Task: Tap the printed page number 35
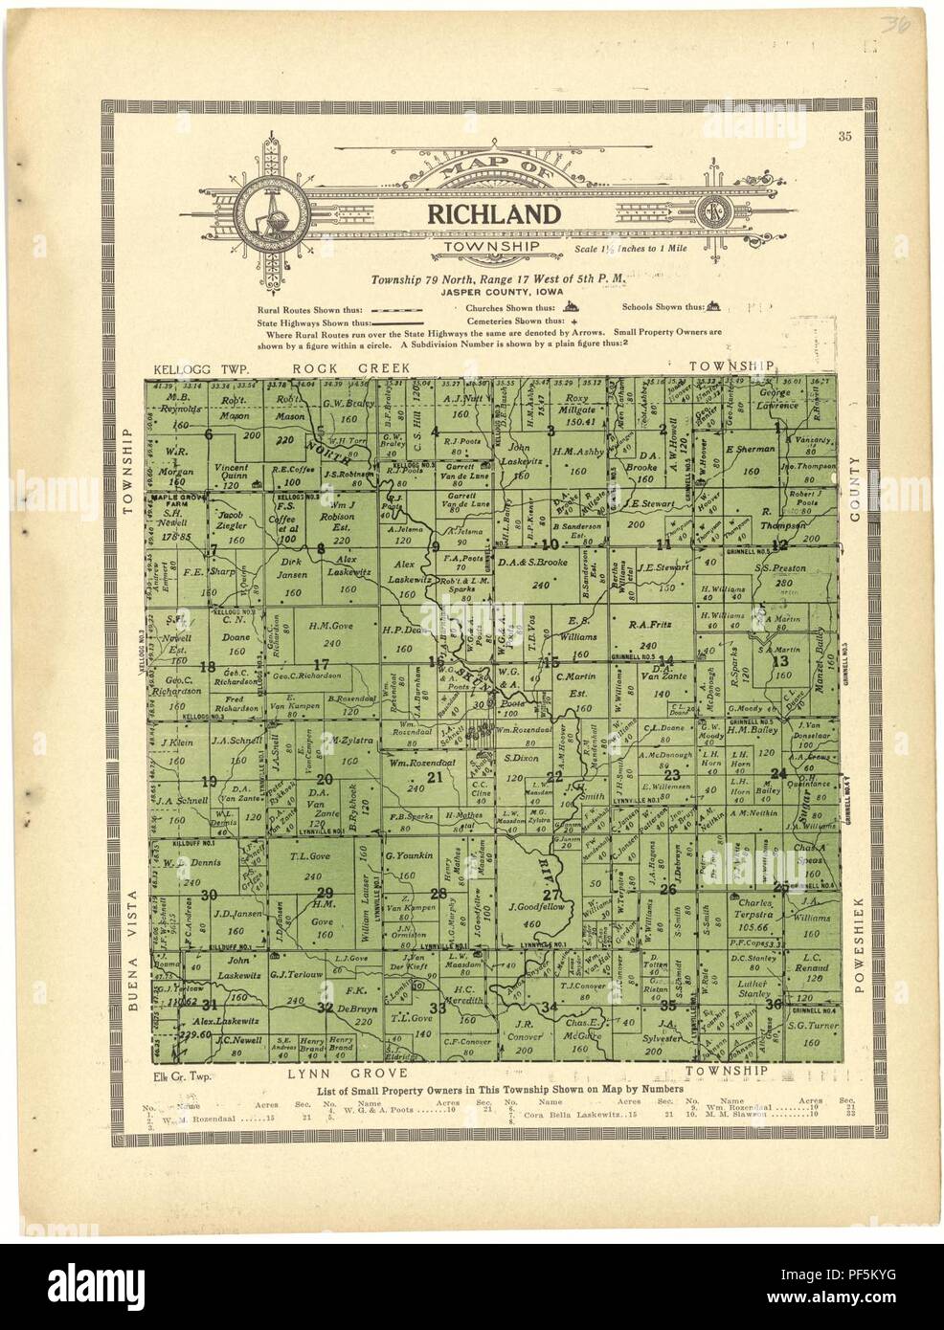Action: coord(843,135)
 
